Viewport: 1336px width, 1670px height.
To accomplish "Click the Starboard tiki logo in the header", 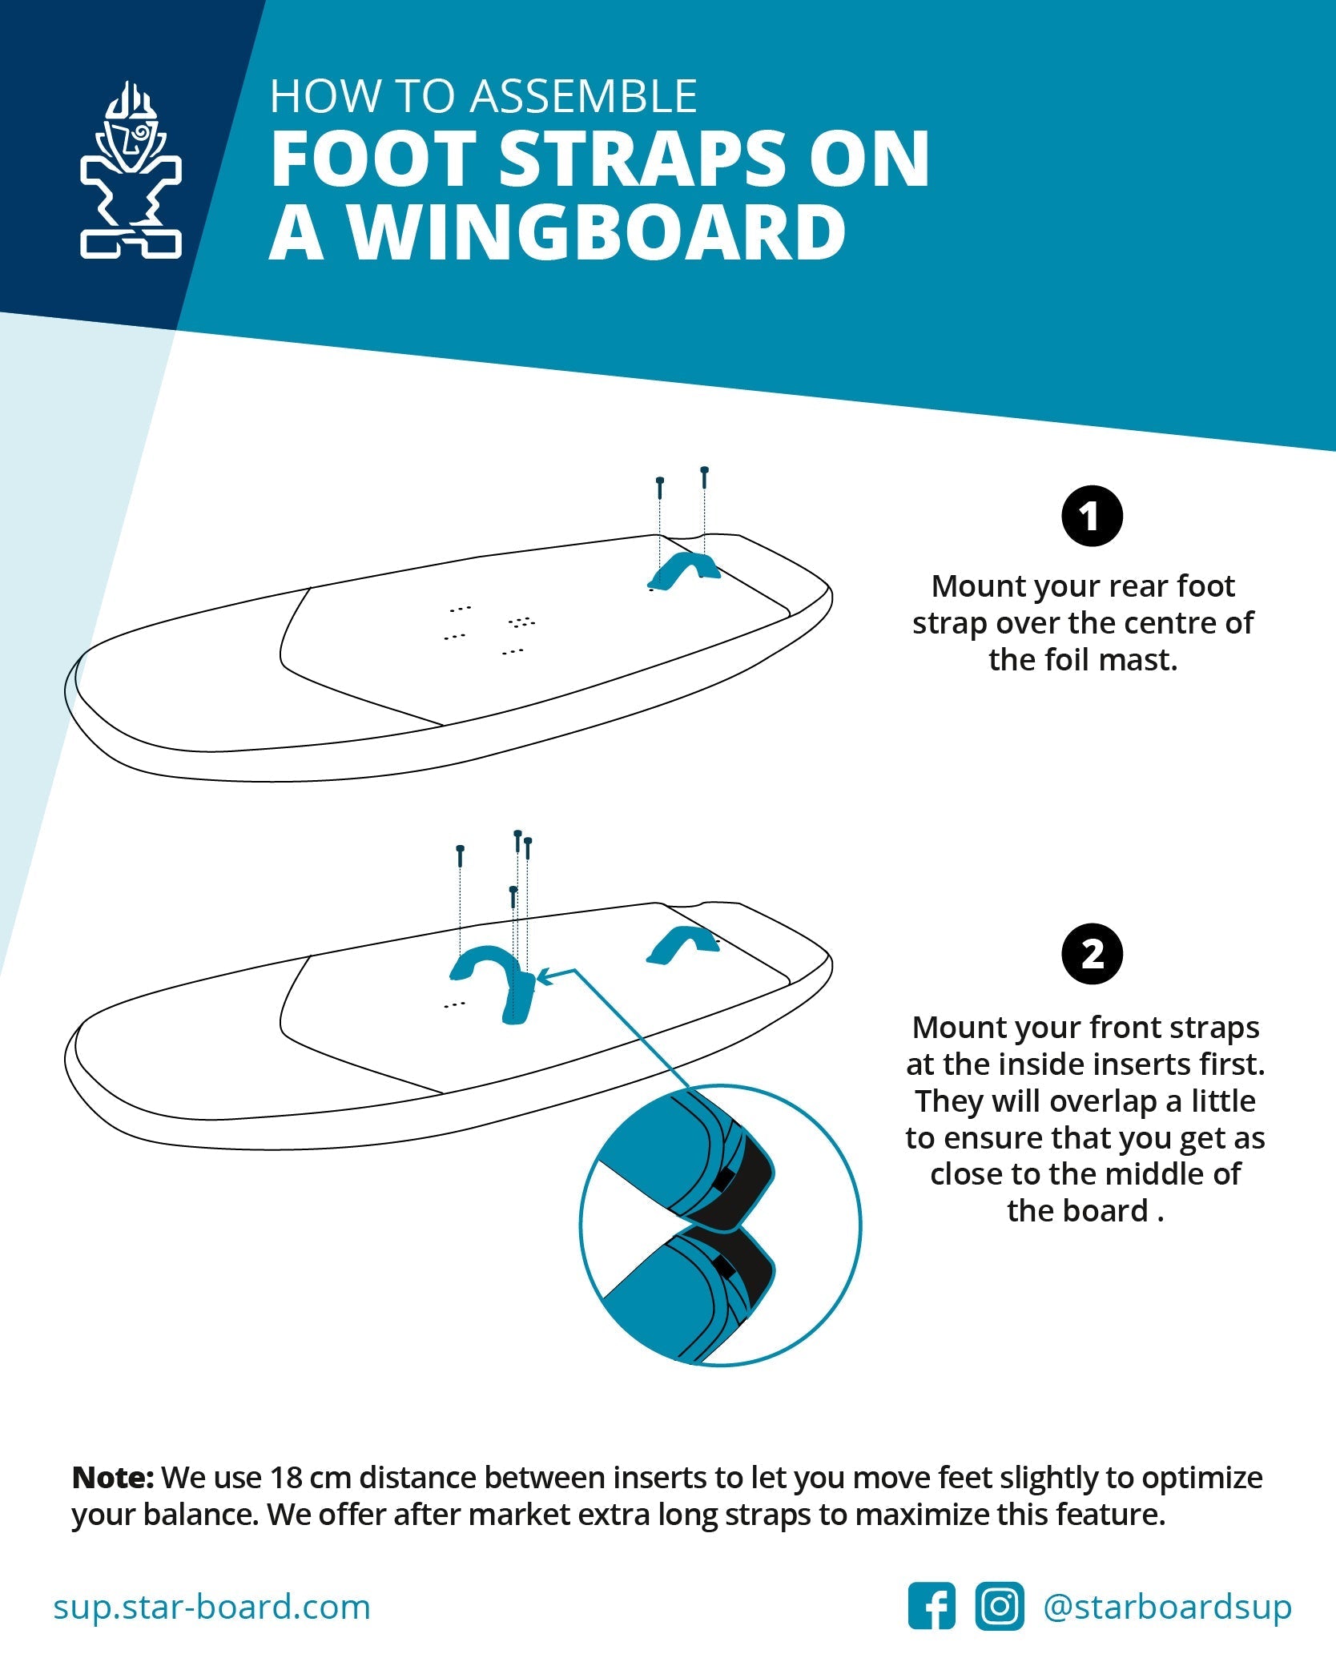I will (x=131, y=171).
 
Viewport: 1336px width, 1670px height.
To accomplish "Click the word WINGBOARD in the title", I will (x=597, y=232).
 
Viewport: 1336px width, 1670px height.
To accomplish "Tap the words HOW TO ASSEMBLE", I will (x=483, y=96).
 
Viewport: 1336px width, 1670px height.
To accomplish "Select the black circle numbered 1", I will (x=1092, y=517).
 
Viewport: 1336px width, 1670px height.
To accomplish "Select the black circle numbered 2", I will (x=1092, y=954).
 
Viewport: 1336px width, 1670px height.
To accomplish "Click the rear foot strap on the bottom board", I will (x=683, y=945).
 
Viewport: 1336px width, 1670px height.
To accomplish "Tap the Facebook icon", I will (x=932, y=1606).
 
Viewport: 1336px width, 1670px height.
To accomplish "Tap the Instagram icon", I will (x=999, y=1606).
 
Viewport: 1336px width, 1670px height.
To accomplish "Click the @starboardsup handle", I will (x=1167, y=1607).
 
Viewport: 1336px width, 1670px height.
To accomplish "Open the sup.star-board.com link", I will (x=212, y=1607).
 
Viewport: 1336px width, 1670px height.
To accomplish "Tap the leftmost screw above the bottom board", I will (x=460, y=855).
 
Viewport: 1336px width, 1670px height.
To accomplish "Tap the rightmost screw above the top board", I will (x=704, y=477).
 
